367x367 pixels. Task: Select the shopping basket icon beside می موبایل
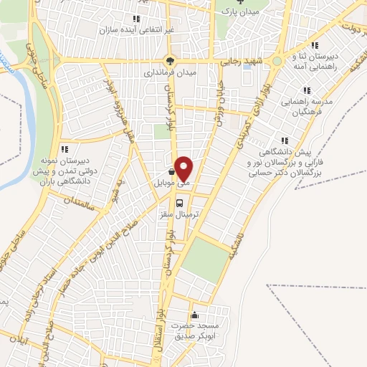coord(170,172)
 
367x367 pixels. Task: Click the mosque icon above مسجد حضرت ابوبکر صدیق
coord(194,315)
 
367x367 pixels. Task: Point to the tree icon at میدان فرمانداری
coord(170,60)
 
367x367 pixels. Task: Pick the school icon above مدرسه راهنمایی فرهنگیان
coord(306,90)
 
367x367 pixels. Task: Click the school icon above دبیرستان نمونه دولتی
coord(65,150)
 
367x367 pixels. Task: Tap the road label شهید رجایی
coord(242,61)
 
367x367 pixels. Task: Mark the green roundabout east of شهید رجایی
coord(277,61)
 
